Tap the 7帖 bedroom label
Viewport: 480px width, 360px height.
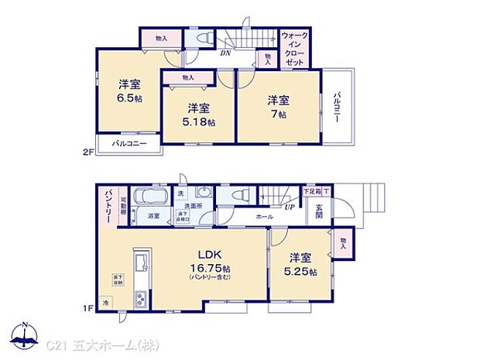(278, 107)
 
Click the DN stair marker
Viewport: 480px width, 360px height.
(226, 54)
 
